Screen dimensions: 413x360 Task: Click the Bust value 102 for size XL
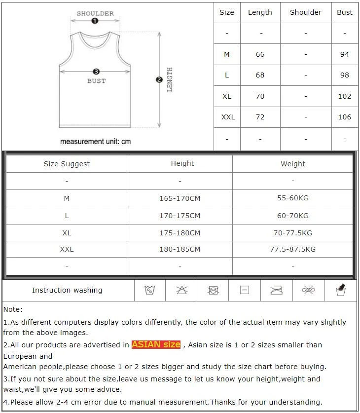(345, 96)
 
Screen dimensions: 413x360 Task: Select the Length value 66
(260, 54)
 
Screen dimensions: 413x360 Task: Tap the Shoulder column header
(305, 12)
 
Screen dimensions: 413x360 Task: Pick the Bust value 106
(345, 117)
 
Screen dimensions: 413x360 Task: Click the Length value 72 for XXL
(260, 117)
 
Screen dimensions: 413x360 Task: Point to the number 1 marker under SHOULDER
(95, 21)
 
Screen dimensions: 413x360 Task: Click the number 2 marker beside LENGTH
(159, 79)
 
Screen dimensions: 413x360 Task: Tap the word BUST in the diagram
(96, 81)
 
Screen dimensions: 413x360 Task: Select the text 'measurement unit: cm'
(95, 142)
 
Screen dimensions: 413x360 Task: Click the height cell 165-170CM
(180, 198)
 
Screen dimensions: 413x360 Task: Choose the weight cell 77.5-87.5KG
(292, 249)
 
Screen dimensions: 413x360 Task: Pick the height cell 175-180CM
(180, 233)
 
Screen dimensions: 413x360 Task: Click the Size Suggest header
(67, 164)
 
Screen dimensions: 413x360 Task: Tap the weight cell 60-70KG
(292, 216)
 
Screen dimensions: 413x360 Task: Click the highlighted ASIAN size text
(156, 344)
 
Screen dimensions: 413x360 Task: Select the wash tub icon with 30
(150, 290)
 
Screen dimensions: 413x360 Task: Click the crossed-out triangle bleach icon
(182, 290)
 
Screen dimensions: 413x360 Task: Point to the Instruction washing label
(67, 290)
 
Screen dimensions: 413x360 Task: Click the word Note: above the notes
(13, 309)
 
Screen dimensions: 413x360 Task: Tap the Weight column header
(292, 164)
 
